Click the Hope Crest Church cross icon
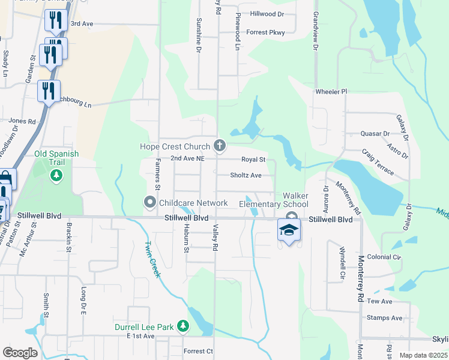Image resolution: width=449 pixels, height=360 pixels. (220, 145)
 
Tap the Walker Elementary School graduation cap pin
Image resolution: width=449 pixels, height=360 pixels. (289, 230)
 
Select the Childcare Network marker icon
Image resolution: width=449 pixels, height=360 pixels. (150, 203)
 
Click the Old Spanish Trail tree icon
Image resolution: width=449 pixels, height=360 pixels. (56, 175)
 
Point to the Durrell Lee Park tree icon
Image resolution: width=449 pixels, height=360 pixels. (182, 327)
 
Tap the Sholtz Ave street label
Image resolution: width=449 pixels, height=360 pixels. (246, 175)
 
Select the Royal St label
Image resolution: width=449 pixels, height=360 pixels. (253, 160)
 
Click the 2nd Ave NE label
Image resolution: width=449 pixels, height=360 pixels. (188, 158)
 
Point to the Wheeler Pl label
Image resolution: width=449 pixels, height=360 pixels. (331, 91)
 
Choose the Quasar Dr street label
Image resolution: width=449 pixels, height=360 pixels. (375, 133)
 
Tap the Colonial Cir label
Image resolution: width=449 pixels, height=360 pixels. (384, 257)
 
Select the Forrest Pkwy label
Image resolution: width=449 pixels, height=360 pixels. (265, 32)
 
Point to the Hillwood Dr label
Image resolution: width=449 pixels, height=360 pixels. (267, 13)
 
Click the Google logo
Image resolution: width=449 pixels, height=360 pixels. (20, 352)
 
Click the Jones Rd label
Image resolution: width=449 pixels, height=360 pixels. (22, 121)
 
